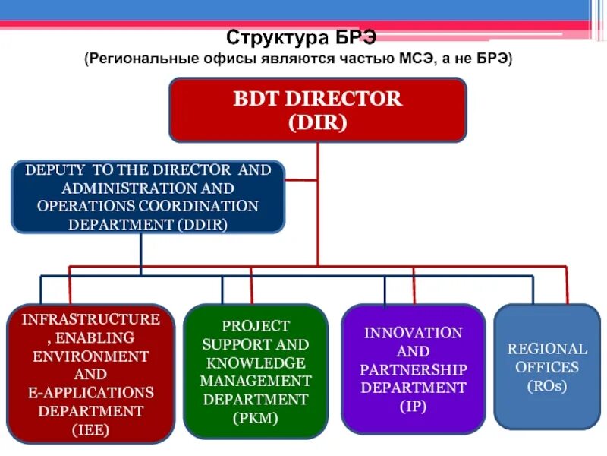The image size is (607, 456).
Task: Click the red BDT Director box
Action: click(x=317, y=110)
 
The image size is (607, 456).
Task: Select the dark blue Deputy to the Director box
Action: click(x=148, y=197)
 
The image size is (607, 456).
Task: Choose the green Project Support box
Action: click(x=256, y=372)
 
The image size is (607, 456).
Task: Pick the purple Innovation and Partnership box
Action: click(x=414, y=369)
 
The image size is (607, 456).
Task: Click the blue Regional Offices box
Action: click(x=547, y=367)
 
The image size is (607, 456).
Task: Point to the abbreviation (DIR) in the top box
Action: click(x=317, y=122)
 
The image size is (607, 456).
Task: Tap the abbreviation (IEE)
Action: click(x=91, y=429)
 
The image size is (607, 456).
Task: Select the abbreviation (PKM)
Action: click(x=256, y=417)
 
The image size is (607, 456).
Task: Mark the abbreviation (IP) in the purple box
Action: click(x=414, y=406)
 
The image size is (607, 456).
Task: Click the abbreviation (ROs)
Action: click(x=547, y=385)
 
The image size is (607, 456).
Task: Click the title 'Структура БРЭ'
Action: click(x=301, y=37)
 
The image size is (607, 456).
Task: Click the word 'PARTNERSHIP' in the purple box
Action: click(x=414, y=369)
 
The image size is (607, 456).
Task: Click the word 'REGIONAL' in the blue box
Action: click(x=547, y=349)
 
